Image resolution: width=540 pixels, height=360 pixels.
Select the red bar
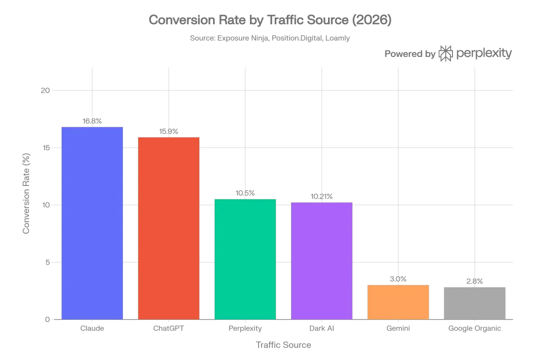169,228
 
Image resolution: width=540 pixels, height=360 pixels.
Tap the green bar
245,259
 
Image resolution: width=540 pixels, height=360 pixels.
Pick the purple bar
322,260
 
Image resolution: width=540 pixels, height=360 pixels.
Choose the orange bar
398,301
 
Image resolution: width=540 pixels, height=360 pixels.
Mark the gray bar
475,303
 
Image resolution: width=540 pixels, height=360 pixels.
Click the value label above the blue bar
92,122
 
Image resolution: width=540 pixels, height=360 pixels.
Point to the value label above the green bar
245,194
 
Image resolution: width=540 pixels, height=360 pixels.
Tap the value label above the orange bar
398,278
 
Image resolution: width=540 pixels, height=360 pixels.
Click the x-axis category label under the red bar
169,329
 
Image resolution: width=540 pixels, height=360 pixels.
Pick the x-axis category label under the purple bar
322,329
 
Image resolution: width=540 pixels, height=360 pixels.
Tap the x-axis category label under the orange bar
398,329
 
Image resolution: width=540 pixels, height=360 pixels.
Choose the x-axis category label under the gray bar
475,329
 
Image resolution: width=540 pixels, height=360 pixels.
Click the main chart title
269,21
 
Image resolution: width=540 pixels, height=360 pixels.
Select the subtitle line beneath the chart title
269,38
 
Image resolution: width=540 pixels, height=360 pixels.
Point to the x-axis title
283,346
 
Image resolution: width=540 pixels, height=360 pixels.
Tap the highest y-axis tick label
44,91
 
